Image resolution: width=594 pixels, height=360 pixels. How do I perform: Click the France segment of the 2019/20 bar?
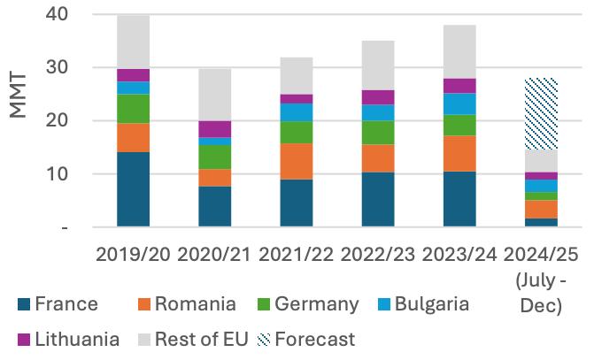click(x=133, y=189)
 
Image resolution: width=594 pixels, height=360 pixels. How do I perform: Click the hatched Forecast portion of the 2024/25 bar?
click(x=541, y=114)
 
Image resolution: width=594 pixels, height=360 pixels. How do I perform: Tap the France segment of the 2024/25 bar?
click(x=541, y=222)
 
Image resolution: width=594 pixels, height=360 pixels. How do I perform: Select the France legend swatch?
click(x=23, y=305)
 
